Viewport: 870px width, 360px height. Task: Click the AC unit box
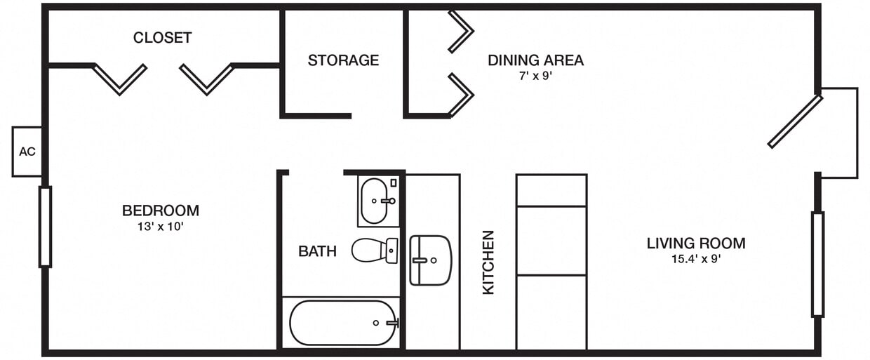[27, 152]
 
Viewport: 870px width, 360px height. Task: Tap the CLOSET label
[162, 38]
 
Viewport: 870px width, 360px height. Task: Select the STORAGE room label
[343, 60]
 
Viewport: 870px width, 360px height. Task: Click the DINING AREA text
[535, 60]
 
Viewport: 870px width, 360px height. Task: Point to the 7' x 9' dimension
[535, 76]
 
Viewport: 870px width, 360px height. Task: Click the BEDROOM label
[160, 211]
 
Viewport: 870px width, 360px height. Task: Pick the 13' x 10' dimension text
[160, 227]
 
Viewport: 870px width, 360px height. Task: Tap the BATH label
[317, 251]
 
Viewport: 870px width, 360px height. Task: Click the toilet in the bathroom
[373, 250]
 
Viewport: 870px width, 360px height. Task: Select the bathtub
[342, 323]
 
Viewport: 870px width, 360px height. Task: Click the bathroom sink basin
[375, 201]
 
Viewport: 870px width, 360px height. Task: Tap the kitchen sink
[429, 260]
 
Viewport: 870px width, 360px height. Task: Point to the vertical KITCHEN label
[488, 262]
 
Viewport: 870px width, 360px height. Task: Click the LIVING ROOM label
[695, 244]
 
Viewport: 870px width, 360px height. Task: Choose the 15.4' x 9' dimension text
[695, 259]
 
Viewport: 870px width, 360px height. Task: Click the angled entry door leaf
[795, 121]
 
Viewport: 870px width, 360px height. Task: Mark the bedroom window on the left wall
[45, 227]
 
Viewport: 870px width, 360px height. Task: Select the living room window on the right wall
[817, 264]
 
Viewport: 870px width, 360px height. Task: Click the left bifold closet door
[119, 79]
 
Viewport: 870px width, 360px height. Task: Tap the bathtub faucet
[391, 323]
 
